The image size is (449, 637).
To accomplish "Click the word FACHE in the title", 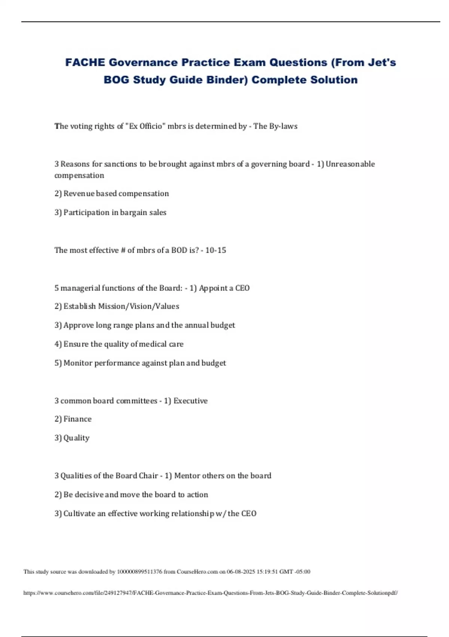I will [85, 62].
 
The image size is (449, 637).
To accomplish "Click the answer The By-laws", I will [275, 126].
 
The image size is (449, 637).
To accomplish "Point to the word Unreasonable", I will [350, 164].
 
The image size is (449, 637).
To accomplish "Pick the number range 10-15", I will [216, 250].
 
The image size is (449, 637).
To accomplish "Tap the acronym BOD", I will [179, 250].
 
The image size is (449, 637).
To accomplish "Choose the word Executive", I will [190, 401].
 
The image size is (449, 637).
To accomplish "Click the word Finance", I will [77, 419].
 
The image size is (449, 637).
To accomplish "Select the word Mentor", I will [187, 476].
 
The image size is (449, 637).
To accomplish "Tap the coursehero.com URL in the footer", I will [210, 593].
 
